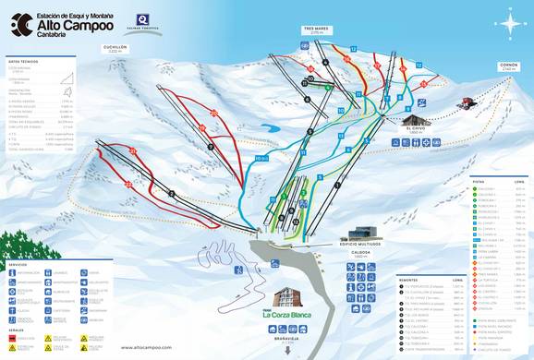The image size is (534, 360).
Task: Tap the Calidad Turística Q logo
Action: point(142,20)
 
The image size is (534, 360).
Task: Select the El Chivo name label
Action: point(415,133)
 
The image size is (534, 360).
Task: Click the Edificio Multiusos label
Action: point(366,244)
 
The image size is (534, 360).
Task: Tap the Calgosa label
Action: point(361,252)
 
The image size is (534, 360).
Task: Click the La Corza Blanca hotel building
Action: point(289,298)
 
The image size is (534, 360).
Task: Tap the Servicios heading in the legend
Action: point(18,264)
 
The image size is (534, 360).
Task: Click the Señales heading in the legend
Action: point(17,330)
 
